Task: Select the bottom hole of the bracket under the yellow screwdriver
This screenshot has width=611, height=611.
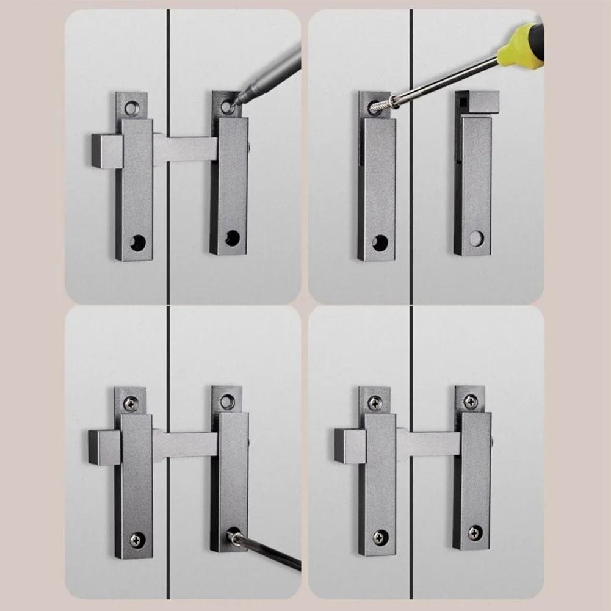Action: [x=380, y=242]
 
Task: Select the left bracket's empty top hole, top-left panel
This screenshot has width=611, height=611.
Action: [x=132, y=109]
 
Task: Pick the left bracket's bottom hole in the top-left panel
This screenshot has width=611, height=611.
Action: [x=138, y=243]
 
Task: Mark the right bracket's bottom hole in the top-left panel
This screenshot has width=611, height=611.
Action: [x=233, y=238]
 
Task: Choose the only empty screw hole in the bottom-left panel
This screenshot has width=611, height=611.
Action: [x=227, y=401]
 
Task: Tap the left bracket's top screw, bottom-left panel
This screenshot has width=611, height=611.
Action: [x=130, y=403]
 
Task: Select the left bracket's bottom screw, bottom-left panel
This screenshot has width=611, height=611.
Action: [x=137, y=540]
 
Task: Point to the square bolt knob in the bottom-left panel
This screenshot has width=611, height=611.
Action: [x=103, y=447]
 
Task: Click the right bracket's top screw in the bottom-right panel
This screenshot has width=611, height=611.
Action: [x=471, y=401]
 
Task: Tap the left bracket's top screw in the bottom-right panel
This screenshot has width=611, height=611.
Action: [x=375, y=403]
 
